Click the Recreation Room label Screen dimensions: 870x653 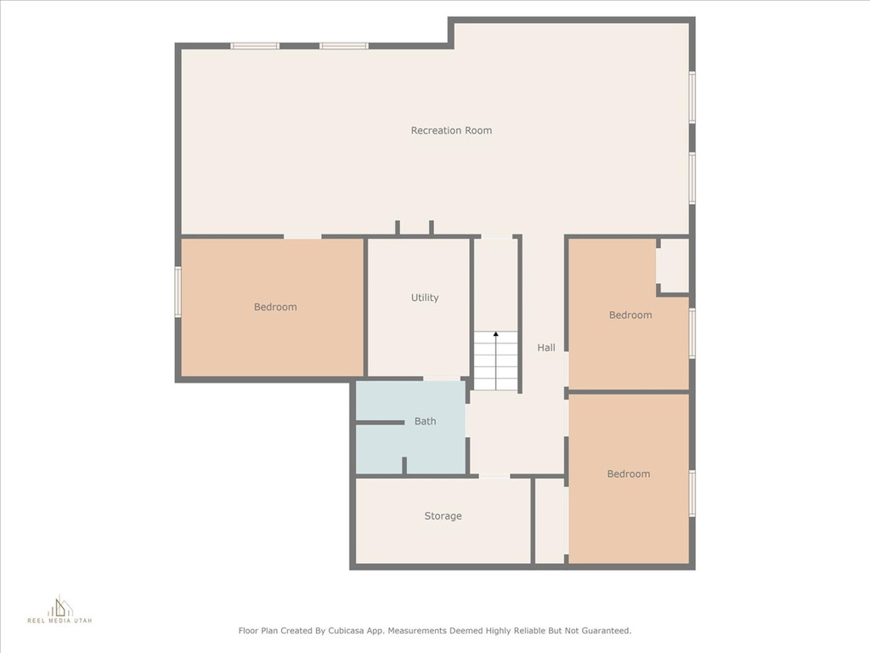tap(451, 130)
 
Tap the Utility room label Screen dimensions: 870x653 tap(425, 298)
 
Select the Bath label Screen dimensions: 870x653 tap(425, 422)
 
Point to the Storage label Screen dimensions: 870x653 tap(443, 516)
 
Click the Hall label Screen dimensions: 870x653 tap(546, 348)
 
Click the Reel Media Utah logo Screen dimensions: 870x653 tap(60, 610)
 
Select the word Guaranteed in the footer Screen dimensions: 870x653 tap(605, 631)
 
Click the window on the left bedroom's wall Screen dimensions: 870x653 tap(178, 292)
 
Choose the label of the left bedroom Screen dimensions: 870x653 tap(275, 307)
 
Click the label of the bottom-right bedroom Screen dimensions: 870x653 tap(629, 474)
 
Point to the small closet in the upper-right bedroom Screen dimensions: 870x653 tap(674, 265)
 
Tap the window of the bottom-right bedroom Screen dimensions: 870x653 tap(692, 494)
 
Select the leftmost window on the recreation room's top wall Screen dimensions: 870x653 tap(255, 46)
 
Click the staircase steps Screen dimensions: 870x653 tap(495, 361)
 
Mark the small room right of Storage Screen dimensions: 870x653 tap(551, 521)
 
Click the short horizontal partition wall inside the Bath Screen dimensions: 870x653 tap(380, 423)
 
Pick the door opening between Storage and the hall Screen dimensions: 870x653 tap(494, 476)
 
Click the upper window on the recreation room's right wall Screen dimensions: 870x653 tap(692, 97)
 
